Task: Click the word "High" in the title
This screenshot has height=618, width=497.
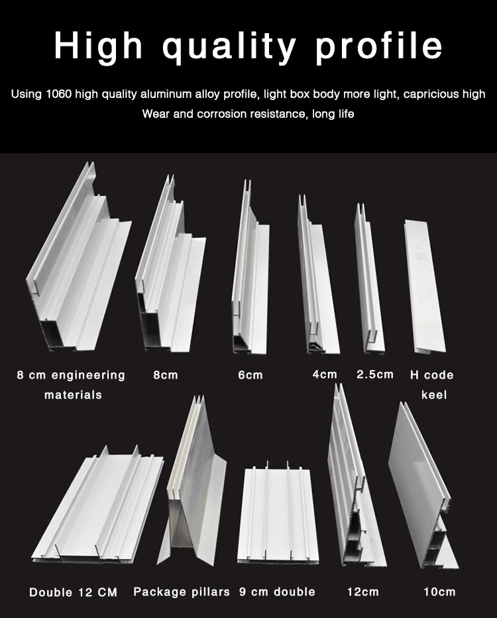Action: [x=99, y=46]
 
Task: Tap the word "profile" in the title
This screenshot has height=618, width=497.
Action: [x=378, y=46]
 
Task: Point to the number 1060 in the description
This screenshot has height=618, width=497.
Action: [x=59, y=94]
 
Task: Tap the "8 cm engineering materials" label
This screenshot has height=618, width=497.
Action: [x=72, y=385]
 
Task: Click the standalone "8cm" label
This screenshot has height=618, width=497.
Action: [x=166, y=375]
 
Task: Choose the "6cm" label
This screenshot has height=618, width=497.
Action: [x=250, y=375]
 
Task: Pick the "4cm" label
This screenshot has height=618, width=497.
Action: [x=325, y=374]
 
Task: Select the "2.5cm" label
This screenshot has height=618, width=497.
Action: [x=375, y=374]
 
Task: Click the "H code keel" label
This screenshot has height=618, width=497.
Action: [x=432, y=385]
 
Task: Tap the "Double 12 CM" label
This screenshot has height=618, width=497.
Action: [x=74, y=592]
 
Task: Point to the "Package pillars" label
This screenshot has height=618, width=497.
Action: [x=182, y=592]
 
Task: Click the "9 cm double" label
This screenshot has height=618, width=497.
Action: [x=277, y=591]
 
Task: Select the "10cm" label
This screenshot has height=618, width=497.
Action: [x=439, y=591]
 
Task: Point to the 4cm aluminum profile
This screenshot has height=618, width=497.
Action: [x=318, y=276]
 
